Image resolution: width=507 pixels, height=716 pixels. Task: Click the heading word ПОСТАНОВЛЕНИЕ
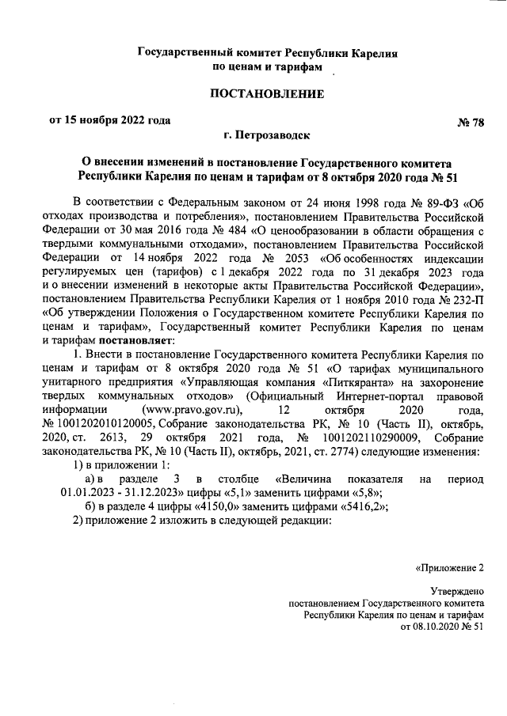(267, 95)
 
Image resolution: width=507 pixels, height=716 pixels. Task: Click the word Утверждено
(456, 590)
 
